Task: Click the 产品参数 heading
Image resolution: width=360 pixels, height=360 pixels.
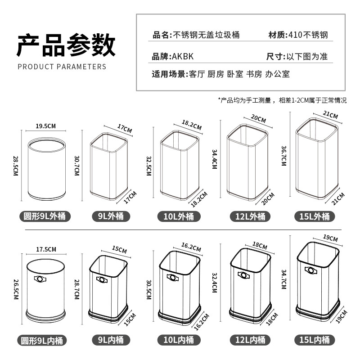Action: [66, 45]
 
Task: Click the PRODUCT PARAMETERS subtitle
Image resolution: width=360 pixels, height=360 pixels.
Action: [62, 67]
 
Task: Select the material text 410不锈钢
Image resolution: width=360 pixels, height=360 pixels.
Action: [310, 35]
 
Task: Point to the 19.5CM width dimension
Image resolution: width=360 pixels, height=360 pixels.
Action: [46, 126]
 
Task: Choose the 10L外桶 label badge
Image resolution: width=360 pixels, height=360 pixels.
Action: [179, 216]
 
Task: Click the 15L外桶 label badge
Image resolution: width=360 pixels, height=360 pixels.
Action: [315, 216]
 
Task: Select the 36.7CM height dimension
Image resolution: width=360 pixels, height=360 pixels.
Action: [284, 156]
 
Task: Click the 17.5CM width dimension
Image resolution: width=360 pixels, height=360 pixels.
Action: [46, 249]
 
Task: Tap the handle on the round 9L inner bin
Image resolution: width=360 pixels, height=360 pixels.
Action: [40, 279]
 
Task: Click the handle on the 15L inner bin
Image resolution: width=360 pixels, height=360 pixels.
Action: [309, 270]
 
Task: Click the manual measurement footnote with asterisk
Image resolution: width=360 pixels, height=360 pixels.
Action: [282, 100]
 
